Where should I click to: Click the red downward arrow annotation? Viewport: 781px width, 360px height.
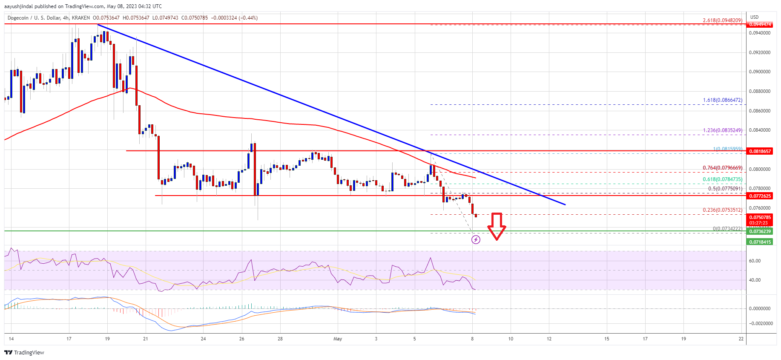tap(496, 226)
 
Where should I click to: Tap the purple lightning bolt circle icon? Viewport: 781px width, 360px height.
tap(476, 240)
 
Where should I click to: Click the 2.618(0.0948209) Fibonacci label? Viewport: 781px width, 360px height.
tap(722, 20)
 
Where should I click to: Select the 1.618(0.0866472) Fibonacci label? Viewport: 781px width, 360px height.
tap(722, 100)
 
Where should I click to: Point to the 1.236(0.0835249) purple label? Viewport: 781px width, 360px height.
tap(722, 130)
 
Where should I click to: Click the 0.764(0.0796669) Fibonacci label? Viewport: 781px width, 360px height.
tap(722, 168)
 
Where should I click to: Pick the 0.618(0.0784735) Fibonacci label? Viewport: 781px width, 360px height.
tap(722, 179)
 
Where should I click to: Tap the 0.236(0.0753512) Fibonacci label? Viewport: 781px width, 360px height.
tap(722, 210)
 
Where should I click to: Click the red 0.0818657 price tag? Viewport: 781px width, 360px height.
tap(760, 151)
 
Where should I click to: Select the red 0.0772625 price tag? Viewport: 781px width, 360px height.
tap(760, 196)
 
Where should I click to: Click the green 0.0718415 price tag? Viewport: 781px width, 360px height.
tap(760, 242)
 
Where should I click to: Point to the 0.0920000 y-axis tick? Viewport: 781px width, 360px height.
tap(760, 52)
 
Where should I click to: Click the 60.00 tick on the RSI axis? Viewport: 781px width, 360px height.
tap(755, 261)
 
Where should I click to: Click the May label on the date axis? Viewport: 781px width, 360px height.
tap(338, 339)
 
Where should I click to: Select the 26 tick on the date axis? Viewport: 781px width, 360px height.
tap(242, 339)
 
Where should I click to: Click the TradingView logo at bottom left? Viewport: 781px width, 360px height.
tap(24, 352)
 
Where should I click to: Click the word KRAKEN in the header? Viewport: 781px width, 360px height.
tap(80, 18)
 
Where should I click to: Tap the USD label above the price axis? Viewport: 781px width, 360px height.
tap(754, 17)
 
